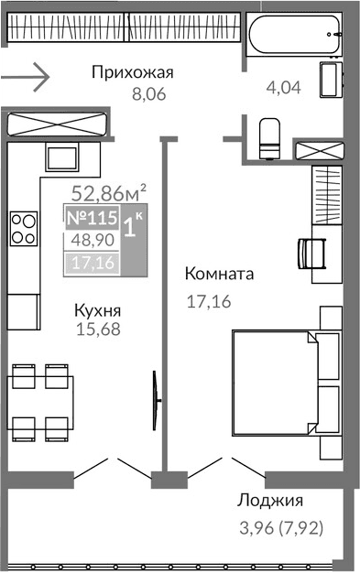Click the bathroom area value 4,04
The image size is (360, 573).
pyautogui.click(x=283, y=89)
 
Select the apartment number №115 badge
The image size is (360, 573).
pyautogui.click(x=92, y=220)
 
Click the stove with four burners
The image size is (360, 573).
pyautogui.click(x=24, y=228)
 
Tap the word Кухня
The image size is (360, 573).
pyautogui.click(x=97, y=309)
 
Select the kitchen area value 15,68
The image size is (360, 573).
pyautogui.click(x=97, y=328)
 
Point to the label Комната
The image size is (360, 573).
pyautogui.click(x=219, y=274)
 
